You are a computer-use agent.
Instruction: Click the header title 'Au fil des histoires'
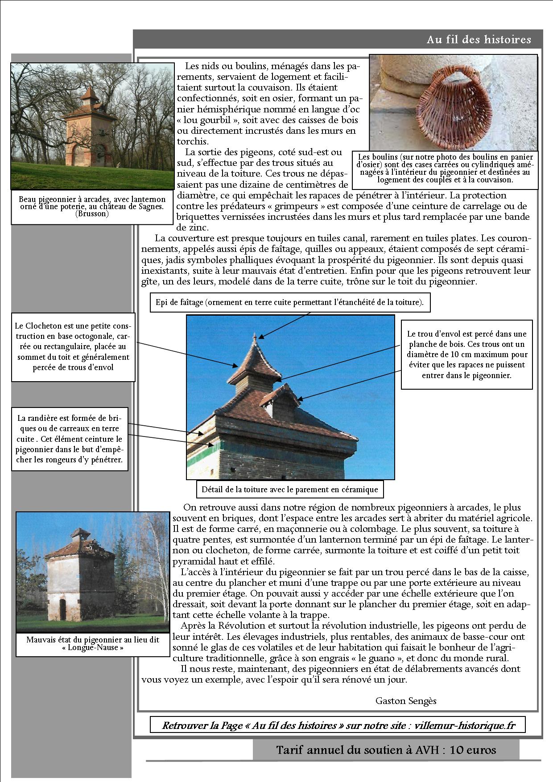[479, 40]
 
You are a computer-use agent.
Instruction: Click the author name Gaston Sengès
[406, 700]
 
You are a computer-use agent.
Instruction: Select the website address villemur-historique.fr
[465, 725]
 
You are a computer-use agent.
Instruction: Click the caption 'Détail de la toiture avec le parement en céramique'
[289, 490]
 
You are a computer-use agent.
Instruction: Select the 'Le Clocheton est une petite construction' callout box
[73, 346]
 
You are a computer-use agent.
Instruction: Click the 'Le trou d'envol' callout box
[466, 354]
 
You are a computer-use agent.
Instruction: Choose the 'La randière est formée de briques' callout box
[70, 439]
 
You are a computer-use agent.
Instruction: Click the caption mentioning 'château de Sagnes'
[92, 206]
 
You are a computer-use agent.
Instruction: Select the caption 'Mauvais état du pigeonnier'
[92, 643]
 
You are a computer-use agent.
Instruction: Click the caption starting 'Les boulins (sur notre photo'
[445, 168]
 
